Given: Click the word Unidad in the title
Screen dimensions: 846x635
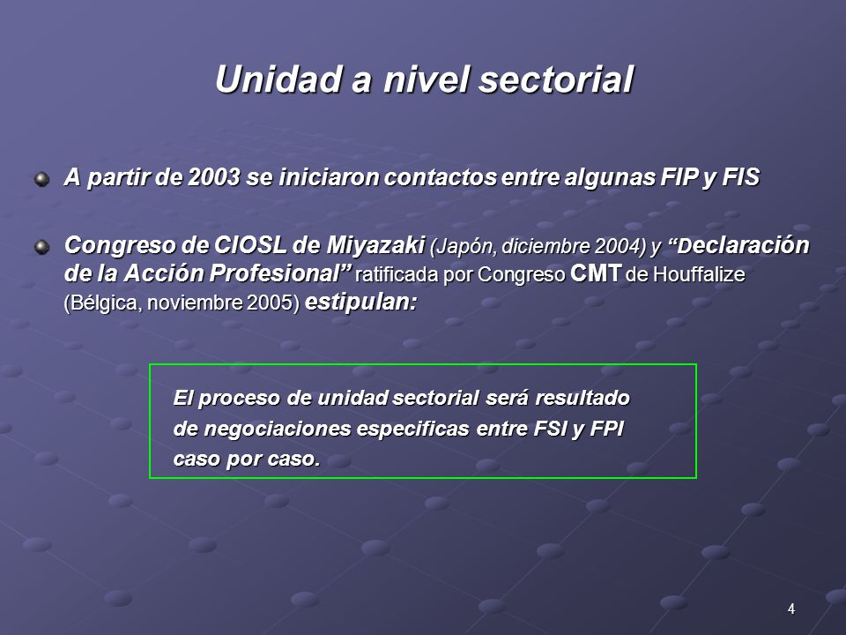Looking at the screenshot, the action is tap(278, 78).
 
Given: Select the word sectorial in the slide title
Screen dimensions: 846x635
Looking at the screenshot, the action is tap(556, 78).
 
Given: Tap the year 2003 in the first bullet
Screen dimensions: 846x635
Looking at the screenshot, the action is tap(213, 177).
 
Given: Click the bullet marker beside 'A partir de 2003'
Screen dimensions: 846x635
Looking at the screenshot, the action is tap(41, 179).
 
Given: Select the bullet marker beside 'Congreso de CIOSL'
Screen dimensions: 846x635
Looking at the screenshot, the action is tap(41, 247).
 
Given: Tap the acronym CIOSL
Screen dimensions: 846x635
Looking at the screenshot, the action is tap(250, 245).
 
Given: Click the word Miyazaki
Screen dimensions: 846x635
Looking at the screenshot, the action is tap(375, 245).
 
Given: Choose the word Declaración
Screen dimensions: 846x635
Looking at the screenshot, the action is tap(744, 245).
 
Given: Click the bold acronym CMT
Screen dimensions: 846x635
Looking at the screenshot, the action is tap(596, 273).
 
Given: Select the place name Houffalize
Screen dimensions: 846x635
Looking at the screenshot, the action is tap(699, 274).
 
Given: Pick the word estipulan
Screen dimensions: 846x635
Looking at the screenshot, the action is tap(360, 303).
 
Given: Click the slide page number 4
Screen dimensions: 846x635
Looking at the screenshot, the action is tap(791, 609).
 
